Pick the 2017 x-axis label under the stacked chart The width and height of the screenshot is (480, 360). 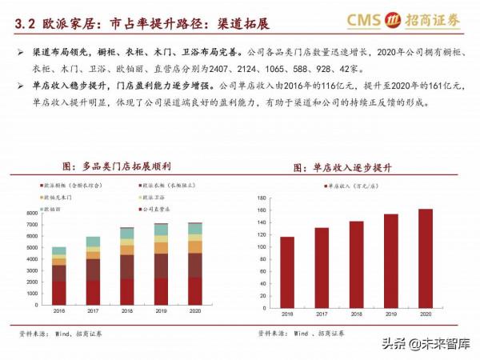tap(94, 311)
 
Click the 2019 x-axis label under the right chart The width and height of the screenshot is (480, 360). tap(391, 311)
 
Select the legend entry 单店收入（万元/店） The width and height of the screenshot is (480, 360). tap(353, 186)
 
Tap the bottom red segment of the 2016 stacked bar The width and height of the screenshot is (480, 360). tap(59, 292)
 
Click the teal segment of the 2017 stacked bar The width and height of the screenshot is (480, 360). tap(94, 242)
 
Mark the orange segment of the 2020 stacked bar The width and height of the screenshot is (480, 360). tap(194, 247)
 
